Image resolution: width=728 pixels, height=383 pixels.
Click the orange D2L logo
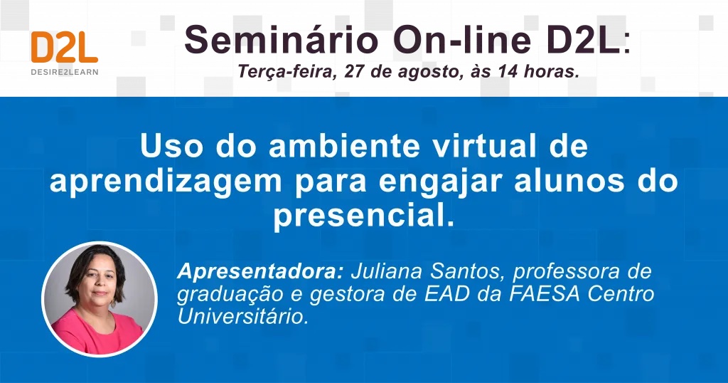(65, 48)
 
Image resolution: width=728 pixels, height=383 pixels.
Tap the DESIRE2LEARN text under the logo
(65, 72)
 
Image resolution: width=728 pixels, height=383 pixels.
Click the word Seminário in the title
(282, 40)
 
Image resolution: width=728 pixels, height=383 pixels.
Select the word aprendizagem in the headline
(165, 182)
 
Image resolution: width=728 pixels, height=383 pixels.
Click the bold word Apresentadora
(260, 271)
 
